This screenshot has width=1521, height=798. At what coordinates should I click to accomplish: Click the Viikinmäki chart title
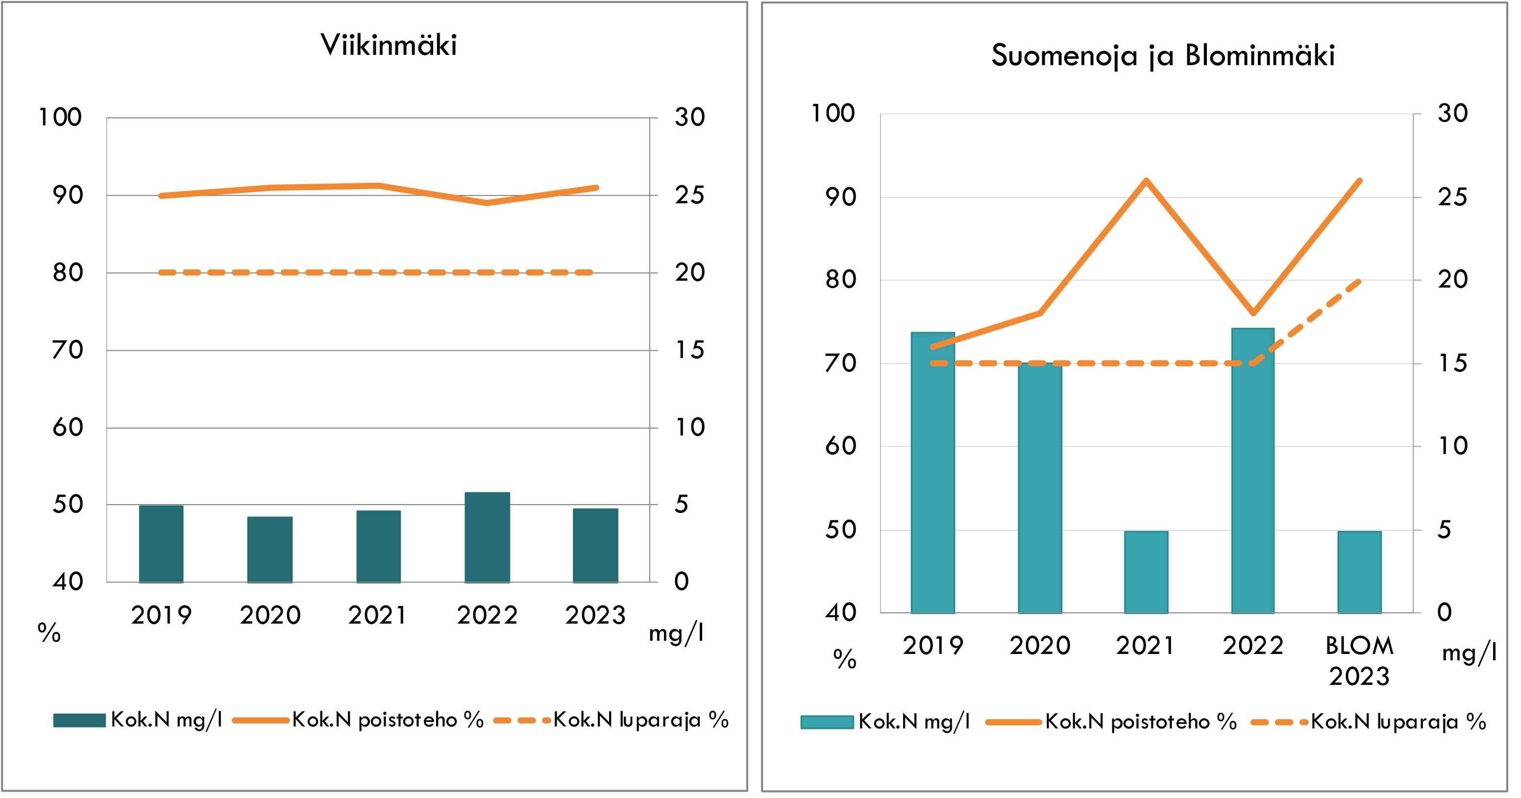[389, 46]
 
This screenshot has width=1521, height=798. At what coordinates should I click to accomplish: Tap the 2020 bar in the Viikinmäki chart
[270, 550]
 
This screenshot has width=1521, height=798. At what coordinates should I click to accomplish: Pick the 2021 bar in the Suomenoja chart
[1146, 572]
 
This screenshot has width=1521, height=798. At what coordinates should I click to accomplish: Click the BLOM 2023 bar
[1359, 572]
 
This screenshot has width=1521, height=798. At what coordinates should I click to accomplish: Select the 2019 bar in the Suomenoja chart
[932, 472]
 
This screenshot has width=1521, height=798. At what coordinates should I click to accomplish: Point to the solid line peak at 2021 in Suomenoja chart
[1146, 181]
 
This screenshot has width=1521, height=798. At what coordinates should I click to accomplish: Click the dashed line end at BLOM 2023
[1359, 282]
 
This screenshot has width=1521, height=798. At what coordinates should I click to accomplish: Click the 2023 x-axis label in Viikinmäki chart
[595, 616]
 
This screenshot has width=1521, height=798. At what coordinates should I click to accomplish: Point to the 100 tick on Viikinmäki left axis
[60, 118]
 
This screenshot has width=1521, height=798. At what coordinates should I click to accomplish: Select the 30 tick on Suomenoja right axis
[1452, 113]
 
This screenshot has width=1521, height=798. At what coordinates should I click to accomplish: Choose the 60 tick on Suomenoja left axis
[841, 446]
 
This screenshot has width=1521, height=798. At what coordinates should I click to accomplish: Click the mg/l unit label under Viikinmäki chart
[676, 634]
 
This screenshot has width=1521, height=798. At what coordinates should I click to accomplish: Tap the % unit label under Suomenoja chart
[844, 659]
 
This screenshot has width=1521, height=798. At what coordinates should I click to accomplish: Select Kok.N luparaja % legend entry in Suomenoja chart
[1398, 722]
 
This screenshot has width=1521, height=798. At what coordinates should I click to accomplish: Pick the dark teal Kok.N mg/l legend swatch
[79, 720]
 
